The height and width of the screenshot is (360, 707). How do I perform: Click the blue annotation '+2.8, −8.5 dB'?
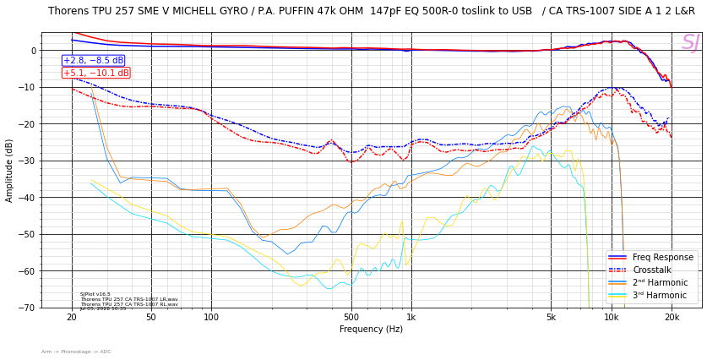(93, 61)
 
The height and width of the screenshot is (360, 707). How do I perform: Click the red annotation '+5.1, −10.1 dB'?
(95, 73)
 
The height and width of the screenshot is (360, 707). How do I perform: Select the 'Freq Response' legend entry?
(662, 258)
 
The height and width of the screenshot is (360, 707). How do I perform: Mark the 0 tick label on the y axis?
(34, 51)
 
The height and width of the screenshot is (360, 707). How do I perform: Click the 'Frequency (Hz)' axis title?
(372, 330)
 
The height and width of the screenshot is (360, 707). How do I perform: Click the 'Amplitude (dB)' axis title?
(9, 170)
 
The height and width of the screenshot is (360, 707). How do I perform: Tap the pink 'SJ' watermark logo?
(690, 43)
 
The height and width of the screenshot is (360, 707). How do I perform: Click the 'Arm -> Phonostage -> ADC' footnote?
(76, 352)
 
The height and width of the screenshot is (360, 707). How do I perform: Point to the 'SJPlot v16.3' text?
(95, 294)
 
